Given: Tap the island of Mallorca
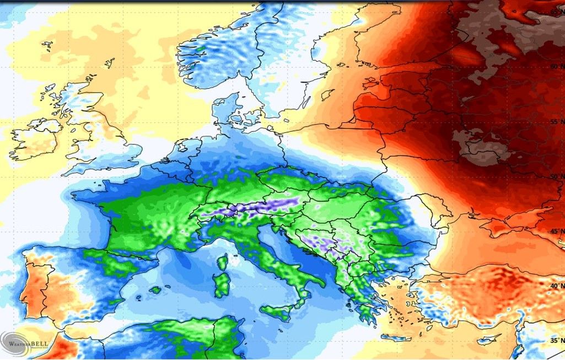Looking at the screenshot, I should tap(155, 289).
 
